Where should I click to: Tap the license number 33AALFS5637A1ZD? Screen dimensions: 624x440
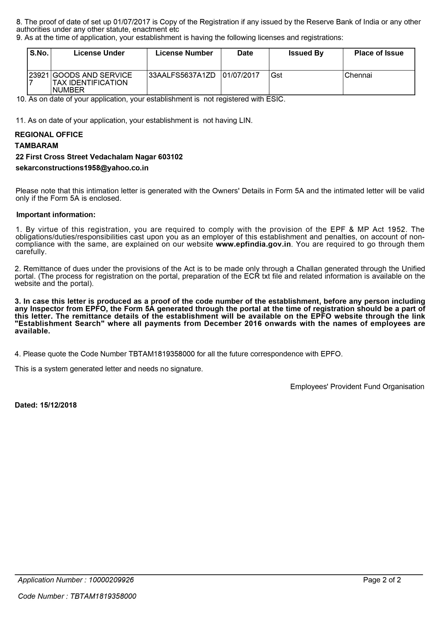click(x=182, y=75)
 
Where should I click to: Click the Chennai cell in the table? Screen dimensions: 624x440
click(x=358, y=75)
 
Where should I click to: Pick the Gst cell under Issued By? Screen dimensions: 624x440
click(x=276, y=75)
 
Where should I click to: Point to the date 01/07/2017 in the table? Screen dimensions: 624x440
click(x=241, y=75)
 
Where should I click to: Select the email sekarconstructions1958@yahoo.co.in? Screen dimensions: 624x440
click(x=82, y=168)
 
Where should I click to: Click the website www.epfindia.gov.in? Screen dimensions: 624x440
click(x=253, y=244)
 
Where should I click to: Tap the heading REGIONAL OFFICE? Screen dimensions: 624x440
click(x=49, y=135)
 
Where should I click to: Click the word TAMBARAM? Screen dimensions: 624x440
click(x=36, y=146)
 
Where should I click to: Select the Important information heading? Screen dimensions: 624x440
click(x=56, y=215)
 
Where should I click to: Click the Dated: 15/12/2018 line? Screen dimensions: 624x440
click(x=45, y=405)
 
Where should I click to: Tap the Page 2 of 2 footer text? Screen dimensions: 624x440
click(x=382, y=580)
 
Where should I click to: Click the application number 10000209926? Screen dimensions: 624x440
click(x=111, y=580)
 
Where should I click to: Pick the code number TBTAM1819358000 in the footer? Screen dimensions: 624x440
click(x=103, y=596)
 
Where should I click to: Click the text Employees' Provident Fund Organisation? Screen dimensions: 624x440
click(x=357, y=387)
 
